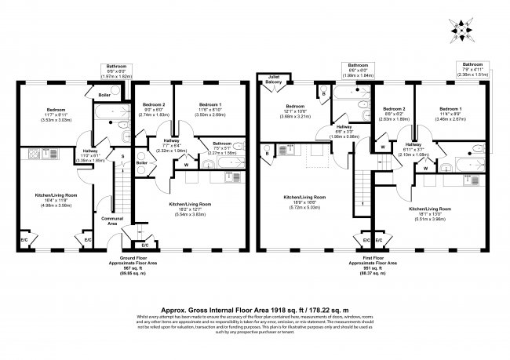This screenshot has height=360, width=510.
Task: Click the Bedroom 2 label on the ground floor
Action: [x=155, y=104]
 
